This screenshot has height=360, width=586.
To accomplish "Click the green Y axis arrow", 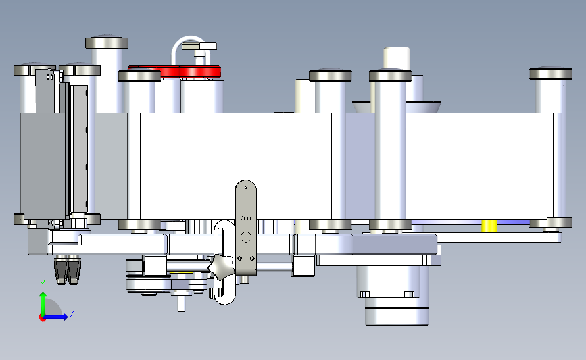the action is click(43, 305).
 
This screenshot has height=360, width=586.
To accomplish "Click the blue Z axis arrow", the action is click(55, 317).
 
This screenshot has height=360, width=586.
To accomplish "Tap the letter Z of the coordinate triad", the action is click(72, 313).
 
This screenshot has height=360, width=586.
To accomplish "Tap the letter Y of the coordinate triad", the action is click(43, 284).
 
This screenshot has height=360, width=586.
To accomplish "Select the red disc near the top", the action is click(174, 71).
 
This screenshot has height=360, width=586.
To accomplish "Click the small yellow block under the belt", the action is click(489, 226).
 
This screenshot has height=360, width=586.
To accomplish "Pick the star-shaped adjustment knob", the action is click(221, 266).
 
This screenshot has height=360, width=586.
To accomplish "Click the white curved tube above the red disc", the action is click(189, 44).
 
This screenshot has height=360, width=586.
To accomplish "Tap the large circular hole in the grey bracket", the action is click(246, 237).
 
